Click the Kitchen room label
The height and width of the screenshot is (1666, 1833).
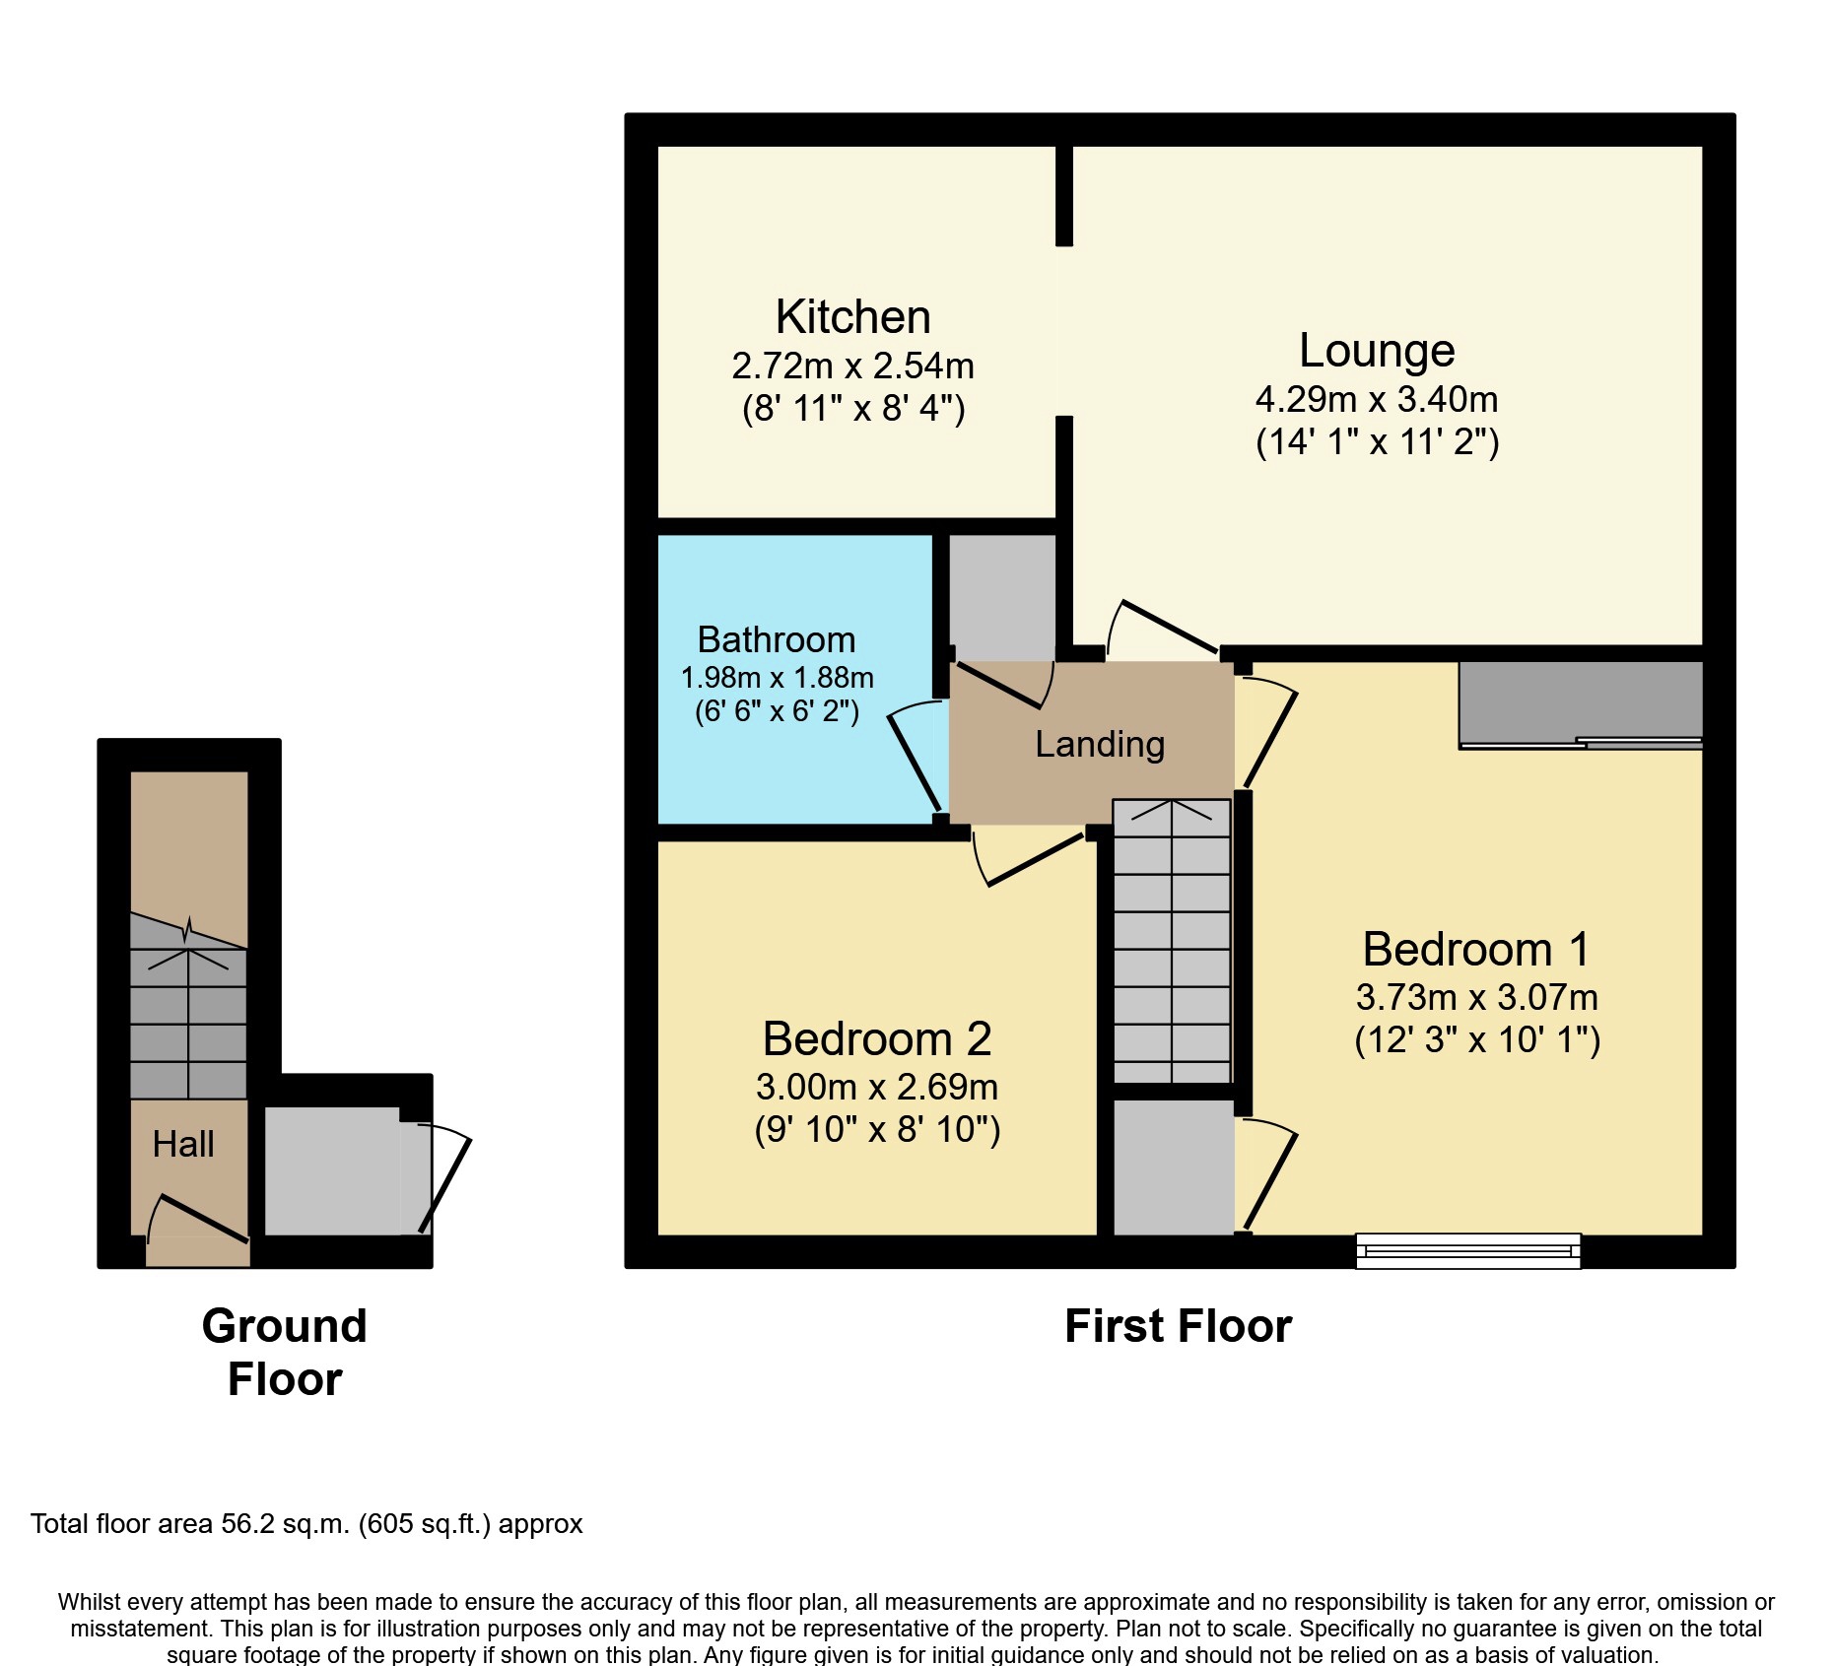coord(852,317)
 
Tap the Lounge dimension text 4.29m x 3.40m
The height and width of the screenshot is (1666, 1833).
coord(1376,399)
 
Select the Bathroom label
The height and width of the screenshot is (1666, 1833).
coord(776,639)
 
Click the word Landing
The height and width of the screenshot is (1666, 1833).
coord(1099,744)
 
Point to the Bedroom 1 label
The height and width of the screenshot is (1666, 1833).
coord(1475,950)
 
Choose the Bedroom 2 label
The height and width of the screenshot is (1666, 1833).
coord(876,1038)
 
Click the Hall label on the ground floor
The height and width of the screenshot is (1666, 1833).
coord(183,1144)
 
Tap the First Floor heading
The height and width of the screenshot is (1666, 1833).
coord(1178,1326)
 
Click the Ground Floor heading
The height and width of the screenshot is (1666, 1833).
coord(284,1352)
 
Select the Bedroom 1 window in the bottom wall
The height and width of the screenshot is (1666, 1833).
coord(1467,1251)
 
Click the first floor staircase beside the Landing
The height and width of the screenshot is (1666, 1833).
coord(1172,941)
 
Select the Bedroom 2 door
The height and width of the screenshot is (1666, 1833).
coord(1030,857)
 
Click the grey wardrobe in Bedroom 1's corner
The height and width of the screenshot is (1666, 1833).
coord(1580,701)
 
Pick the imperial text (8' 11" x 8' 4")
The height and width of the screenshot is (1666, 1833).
coord(852,407)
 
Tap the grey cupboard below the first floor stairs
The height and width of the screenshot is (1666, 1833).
coord(1173,1166)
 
